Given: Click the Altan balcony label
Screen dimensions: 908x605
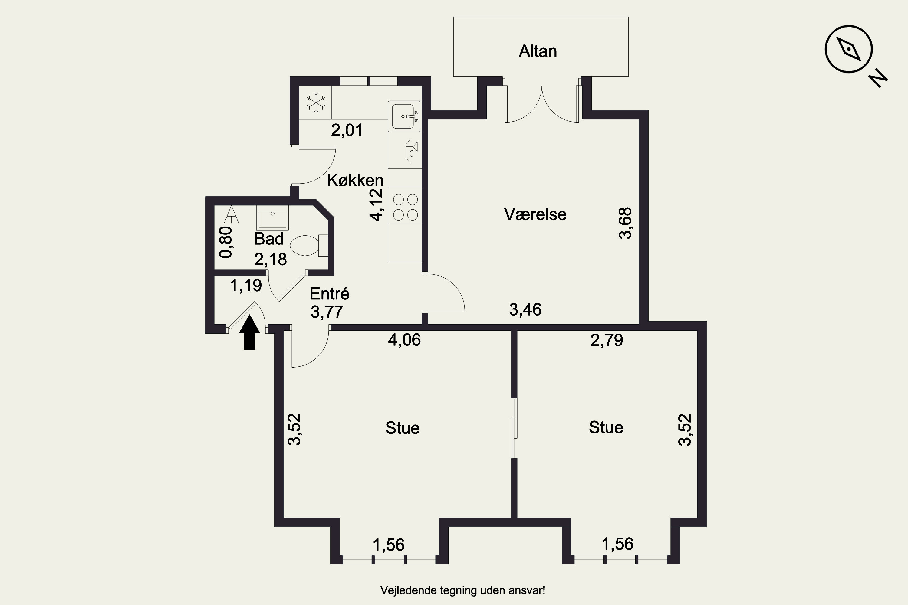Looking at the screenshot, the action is point(538,51).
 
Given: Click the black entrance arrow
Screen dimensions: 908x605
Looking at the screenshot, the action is point(249,332).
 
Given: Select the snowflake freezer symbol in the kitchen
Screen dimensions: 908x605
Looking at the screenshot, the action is point(316,103).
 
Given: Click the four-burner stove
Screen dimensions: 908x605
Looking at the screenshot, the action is point(405,207).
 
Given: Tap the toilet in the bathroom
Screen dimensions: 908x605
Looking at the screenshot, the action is point(308,245).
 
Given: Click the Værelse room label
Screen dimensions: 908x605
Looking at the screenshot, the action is point(535,214).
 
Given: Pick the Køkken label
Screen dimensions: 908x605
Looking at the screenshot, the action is point(355,181).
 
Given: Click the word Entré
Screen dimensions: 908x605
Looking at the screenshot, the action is point(329,294).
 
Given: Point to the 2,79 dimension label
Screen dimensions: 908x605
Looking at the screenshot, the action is point(607,340).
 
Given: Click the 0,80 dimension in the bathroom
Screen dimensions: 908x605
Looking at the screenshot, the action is point(226,242).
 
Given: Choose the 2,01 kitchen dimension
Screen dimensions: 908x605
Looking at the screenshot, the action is point(347,130).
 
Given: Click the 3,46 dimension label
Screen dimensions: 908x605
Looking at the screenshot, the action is point(525,310).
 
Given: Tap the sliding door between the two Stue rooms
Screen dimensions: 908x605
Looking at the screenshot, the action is point(514,428).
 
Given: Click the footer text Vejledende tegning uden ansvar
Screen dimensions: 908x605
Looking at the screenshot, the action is point(462,590).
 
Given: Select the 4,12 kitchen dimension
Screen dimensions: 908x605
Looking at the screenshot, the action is point(377,205).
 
